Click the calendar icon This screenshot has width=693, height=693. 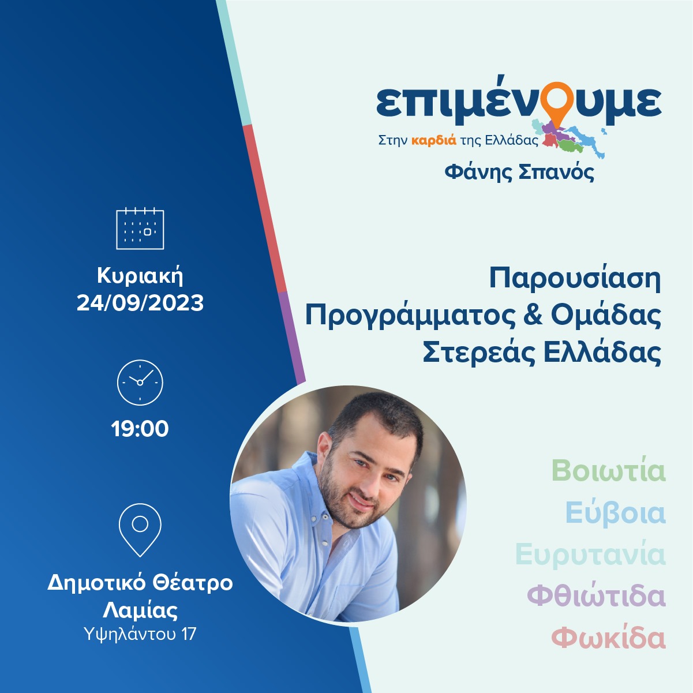(x=140, y=228)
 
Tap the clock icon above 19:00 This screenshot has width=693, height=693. (x=140, y=383)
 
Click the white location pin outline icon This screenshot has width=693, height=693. (x=140, y=530)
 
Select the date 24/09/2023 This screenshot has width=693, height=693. (x=140, y=303)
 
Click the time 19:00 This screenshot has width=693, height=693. (x=140, y=429)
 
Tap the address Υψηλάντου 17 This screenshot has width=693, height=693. (x=140, y=634)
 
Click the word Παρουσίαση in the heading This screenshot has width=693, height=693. (x=575, y=278)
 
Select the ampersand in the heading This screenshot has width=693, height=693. (x=532, y=316)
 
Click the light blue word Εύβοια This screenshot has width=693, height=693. (x=615, y=513)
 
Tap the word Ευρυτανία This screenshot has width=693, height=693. (x=590, y=554)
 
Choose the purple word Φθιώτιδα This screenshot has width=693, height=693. (x=596, y=596)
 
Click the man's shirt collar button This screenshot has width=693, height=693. (x=325, y=516)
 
